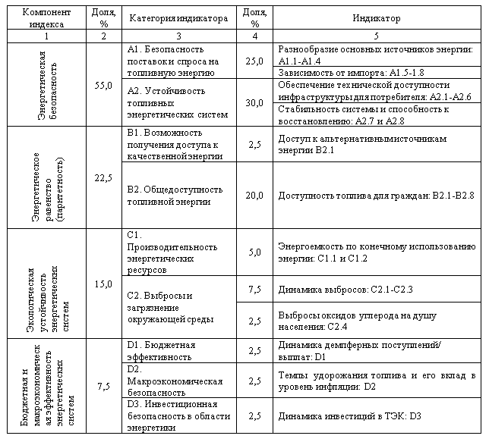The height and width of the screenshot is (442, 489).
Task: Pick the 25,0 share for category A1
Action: click(254, 60)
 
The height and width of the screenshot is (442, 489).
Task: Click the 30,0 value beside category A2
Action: click(254, 103)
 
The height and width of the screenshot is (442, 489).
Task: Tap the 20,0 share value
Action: click(254, 196)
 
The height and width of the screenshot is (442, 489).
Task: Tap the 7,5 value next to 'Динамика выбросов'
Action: click(254, 289)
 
